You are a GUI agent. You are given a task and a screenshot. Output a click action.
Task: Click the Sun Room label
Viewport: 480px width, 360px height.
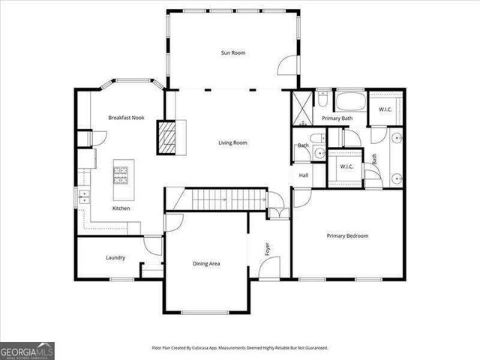click(232, 52)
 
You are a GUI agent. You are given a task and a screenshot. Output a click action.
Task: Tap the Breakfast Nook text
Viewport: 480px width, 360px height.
click(125, 118)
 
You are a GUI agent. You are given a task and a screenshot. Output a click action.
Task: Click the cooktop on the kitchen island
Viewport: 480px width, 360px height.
click(121, 174)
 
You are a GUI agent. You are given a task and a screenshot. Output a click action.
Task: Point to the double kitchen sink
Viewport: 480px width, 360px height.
click(83, 197)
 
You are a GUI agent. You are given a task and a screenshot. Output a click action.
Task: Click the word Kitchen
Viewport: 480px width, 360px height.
click(122, 208)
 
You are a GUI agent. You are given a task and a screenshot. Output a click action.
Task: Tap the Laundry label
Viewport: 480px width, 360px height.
click(115, 258)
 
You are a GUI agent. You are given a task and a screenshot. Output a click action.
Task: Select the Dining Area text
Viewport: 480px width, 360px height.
click(206, 263)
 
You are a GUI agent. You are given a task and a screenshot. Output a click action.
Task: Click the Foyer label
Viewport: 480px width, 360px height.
click(267, 248)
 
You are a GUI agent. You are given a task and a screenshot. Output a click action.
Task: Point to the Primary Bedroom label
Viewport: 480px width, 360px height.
click(347, 235)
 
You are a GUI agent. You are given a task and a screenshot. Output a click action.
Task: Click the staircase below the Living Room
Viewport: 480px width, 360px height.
click(225, 199)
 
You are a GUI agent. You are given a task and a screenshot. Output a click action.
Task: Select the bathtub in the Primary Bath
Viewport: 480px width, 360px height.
click(349, 101)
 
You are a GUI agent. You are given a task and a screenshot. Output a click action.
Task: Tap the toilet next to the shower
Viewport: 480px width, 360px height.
click(322, 97)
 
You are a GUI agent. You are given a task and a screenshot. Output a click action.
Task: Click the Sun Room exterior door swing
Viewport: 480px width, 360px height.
click(288, 66)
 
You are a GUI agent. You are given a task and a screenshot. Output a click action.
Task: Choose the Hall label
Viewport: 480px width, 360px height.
click(304, 175)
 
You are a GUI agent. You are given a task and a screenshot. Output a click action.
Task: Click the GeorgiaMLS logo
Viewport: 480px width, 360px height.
click(27, 350)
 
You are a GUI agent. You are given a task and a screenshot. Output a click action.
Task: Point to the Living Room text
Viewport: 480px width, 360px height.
click(232, 142)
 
